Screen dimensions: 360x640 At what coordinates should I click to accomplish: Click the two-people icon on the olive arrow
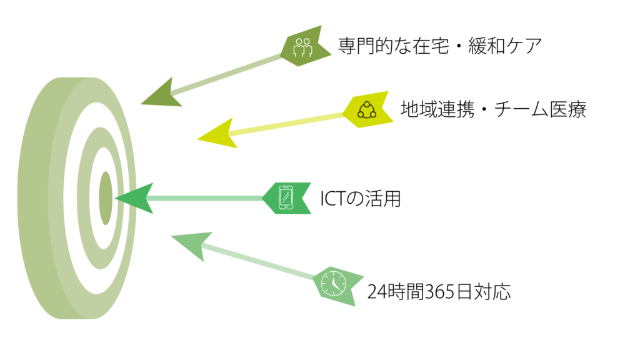click(x=302, y=47)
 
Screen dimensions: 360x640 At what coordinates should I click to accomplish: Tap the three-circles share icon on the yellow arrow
click(x=367, y=110)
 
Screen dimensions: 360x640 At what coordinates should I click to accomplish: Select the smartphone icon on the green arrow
click(x=286, y=197)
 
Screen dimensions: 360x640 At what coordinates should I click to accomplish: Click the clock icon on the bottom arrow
click(x=333, y=283)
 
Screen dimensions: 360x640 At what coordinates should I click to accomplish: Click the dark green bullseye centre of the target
click(x=106, y=198)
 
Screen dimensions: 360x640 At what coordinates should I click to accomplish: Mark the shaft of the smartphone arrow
click(x=206, y=198)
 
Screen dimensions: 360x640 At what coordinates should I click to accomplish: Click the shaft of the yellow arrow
click(x=287, y=123)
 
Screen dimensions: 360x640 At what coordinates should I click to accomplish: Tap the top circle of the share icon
click(x=367, y=104)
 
